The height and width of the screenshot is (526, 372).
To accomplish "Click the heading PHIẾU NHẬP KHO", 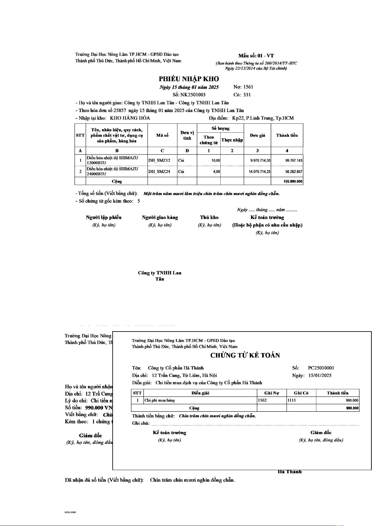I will (189, 79).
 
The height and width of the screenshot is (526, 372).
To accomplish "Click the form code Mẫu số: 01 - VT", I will (256, 56).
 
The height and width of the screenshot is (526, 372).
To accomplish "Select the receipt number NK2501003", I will (193, 95).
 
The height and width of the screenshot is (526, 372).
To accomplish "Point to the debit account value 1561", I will (248, 87).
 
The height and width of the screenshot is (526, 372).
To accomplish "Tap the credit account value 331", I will (247, 95).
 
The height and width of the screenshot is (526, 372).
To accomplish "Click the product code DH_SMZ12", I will (159, 160).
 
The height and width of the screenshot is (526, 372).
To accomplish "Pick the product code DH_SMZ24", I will (159, 172).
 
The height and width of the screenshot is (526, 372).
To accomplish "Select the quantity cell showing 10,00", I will (216, 161).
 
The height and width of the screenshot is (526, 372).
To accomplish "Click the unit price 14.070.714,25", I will (259, 172).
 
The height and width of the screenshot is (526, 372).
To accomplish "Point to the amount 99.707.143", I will (294, 161).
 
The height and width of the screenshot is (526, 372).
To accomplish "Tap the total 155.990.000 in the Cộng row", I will (293, 182).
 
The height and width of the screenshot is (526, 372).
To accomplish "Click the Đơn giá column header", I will (257, 135).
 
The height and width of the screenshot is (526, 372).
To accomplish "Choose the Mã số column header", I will (162, 135).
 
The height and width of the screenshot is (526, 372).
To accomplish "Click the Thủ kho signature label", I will (209, 218).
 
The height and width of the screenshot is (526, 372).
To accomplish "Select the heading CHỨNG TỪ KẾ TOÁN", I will (245, 356).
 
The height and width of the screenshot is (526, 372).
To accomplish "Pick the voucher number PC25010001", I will (321, 368).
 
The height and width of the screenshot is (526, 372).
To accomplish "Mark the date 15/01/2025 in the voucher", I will (320, 376).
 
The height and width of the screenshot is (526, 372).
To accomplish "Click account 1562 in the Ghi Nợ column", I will (262, 401).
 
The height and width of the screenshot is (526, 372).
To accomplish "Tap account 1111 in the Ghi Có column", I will (291, 401).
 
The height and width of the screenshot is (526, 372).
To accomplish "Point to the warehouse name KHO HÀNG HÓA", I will (130, 118).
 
